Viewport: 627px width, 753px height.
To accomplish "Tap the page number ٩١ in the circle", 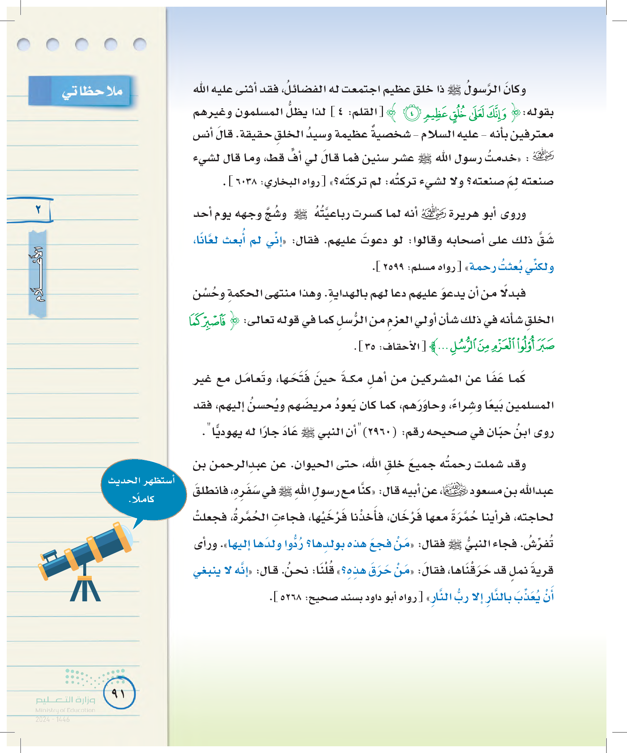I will click(119, 693).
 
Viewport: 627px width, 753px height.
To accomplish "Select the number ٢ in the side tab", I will click(38, 209).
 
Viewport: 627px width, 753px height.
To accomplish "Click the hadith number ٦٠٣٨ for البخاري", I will click(247, 182).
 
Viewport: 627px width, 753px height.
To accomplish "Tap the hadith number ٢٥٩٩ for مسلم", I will click(393, 267).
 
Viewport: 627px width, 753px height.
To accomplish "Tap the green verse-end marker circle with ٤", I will click(412, 114).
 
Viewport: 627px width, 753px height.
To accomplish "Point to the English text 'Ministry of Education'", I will click(65, 710).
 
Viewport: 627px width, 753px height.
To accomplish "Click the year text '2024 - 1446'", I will click(52, 719).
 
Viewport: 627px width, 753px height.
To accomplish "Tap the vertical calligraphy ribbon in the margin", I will click(38, 274).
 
